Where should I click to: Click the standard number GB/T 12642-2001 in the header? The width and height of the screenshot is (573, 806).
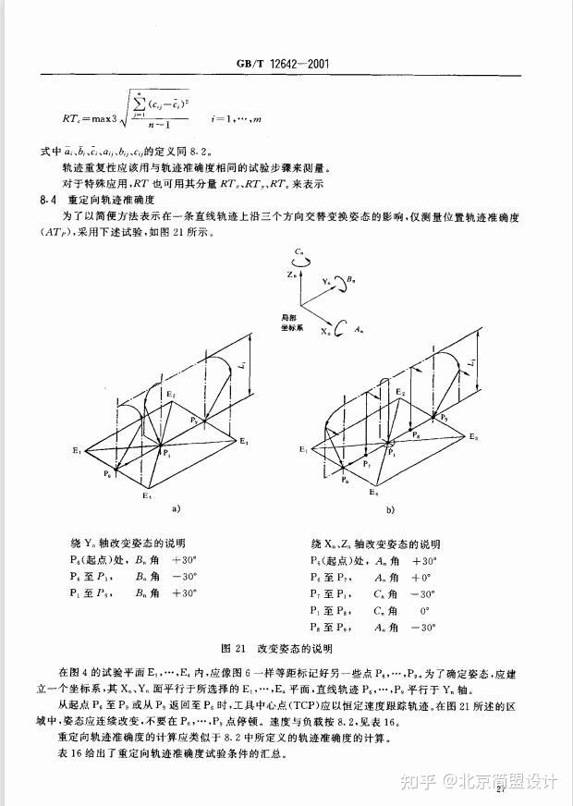tap(284, 64)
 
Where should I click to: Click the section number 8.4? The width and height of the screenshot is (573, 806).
tap(47, 199)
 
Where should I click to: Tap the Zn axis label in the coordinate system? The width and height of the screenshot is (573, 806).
tap(290, 275)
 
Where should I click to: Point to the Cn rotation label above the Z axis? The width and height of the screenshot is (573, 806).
tap(298, 251)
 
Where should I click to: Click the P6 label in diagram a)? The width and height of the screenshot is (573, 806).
tap(108, 473)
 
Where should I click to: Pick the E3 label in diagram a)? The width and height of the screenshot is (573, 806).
tap(245, 442)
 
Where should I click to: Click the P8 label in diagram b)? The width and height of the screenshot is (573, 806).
tap(418, 434)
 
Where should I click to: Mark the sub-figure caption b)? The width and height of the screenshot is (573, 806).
tap(389, 509)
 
